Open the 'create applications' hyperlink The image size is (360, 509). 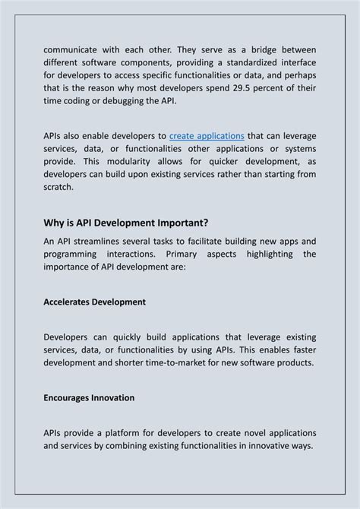point(207,135)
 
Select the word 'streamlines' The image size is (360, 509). point(102,241)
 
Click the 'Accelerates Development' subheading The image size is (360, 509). point(95,302)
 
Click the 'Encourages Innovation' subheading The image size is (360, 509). point(90,397)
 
